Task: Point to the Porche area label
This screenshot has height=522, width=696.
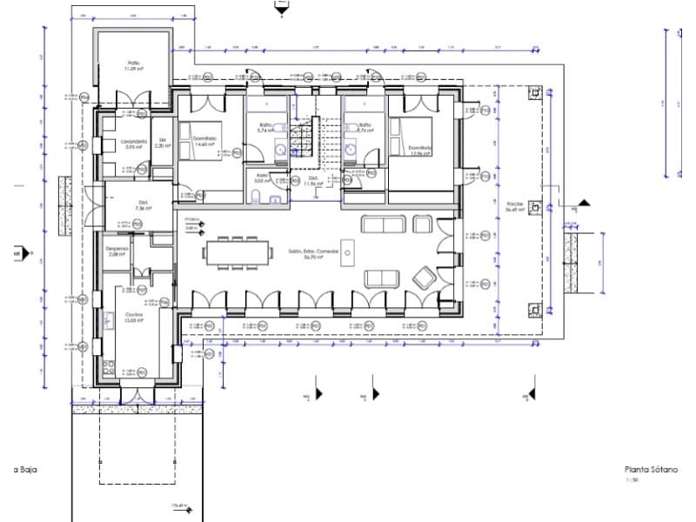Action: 513,207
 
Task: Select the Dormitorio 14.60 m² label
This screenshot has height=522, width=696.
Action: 204,141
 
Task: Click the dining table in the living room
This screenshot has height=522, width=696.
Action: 239,252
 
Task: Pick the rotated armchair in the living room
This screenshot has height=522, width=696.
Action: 425,278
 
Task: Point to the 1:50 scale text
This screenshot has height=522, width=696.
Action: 632,479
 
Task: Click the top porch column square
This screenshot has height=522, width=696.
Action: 537,92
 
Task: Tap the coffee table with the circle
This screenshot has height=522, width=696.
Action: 346,254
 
